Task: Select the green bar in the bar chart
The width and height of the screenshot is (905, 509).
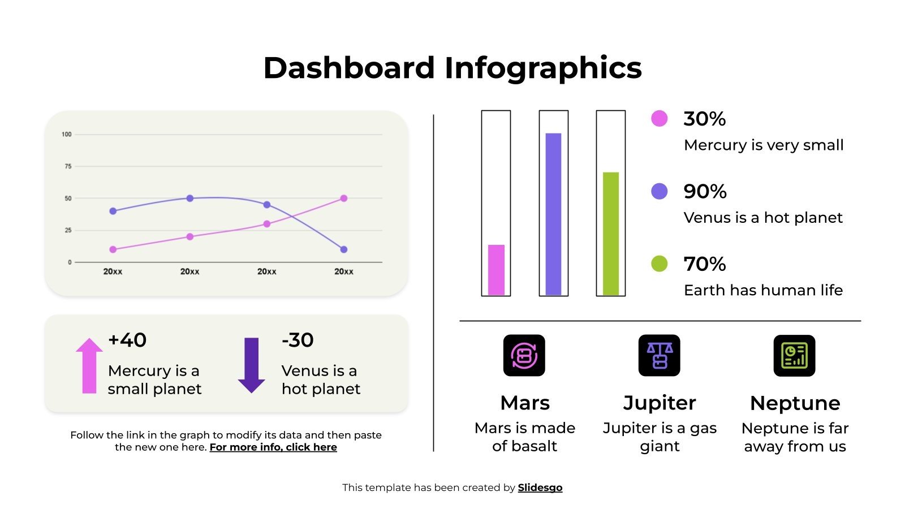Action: coord(611,234)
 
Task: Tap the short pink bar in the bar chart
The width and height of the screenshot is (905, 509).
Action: coord(496,270)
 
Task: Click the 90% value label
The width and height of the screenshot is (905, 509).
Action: coord(705,191)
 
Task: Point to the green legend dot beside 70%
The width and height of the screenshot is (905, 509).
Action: coord(659,264)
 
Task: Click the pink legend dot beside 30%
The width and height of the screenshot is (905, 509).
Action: coord(659,118)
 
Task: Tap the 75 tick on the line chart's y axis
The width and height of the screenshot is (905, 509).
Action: coord(68,166)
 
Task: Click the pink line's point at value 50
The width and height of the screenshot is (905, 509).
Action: coord(344,199)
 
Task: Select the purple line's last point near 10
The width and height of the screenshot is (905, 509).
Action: coord(344,249)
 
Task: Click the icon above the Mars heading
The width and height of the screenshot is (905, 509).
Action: coord(524,355)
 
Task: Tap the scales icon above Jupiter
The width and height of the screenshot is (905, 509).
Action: coord(659,355)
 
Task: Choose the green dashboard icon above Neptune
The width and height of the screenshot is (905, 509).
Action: coord(794,355)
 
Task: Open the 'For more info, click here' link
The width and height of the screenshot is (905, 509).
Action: coord(273,447)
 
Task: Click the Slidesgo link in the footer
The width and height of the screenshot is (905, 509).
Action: coord(540,488)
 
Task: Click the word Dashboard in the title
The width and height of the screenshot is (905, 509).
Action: coord(348,68)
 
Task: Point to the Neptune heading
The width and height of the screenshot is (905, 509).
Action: coord(795,403)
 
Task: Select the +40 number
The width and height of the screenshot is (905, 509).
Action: coord(127,340)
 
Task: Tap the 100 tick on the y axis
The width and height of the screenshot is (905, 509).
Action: coord(67,134)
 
